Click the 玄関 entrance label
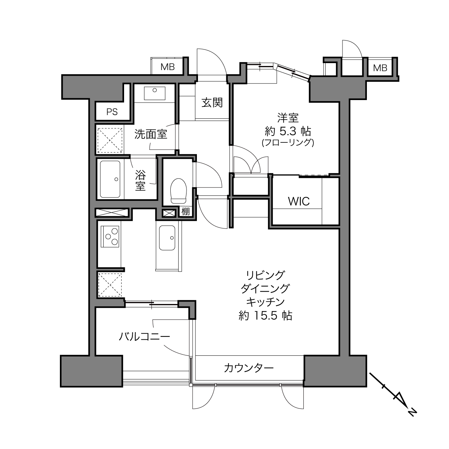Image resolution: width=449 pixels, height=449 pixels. tap(212, 103)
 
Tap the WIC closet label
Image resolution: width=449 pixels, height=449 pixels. tap(299, 201)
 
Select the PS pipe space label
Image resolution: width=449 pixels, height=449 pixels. tap(112, 112)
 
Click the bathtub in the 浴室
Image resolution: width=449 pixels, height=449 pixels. tap(110, 179)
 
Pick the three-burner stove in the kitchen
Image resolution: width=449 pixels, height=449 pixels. tap(110, 237)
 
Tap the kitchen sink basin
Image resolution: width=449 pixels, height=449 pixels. tap(167, 238)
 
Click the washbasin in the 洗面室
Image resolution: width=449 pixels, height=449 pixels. tap(155, 93)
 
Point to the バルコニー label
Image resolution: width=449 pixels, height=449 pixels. tap(145, 337)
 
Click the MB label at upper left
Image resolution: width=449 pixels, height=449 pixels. tap(167, 67)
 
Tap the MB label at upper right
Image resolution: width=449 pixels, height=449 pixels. tap(380, 68)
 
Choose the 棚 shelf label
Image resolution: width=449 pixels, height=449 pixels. tap(186, 212)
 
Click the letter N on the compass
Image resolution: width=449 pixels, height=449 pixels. tap(412, 419)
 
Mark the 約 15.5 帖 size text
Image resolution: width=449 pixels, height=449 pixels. tap(265, 316)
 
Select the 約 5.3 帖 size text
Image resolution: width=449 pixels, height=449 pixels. tap(288, 132)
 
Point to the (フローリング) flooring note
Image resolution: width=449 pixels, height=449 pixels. tap(288, 142)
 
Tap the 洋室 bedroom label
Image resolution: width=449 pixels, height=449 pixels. tap(288, 118)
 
